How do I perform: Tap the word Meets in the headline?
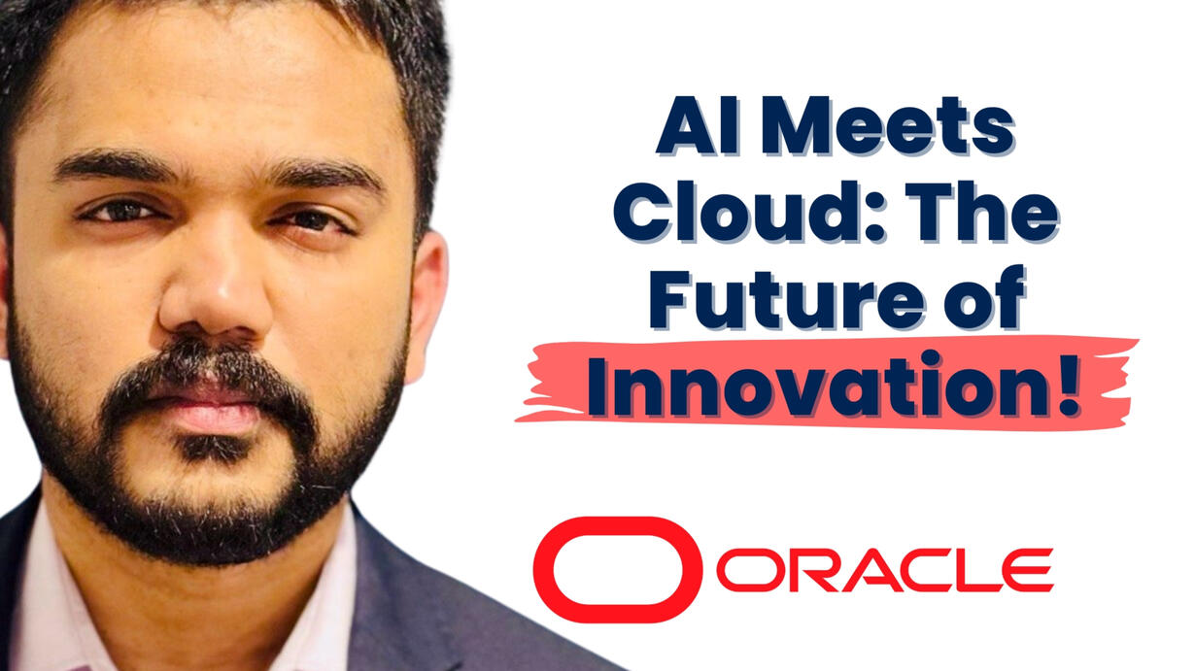887,126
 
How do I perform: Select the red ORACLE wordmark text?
884,570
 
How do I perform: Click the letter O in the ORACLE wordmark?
745,570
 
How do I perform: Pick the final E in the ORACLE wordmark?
1028,570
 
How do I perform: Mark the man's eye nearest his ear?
312,220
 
